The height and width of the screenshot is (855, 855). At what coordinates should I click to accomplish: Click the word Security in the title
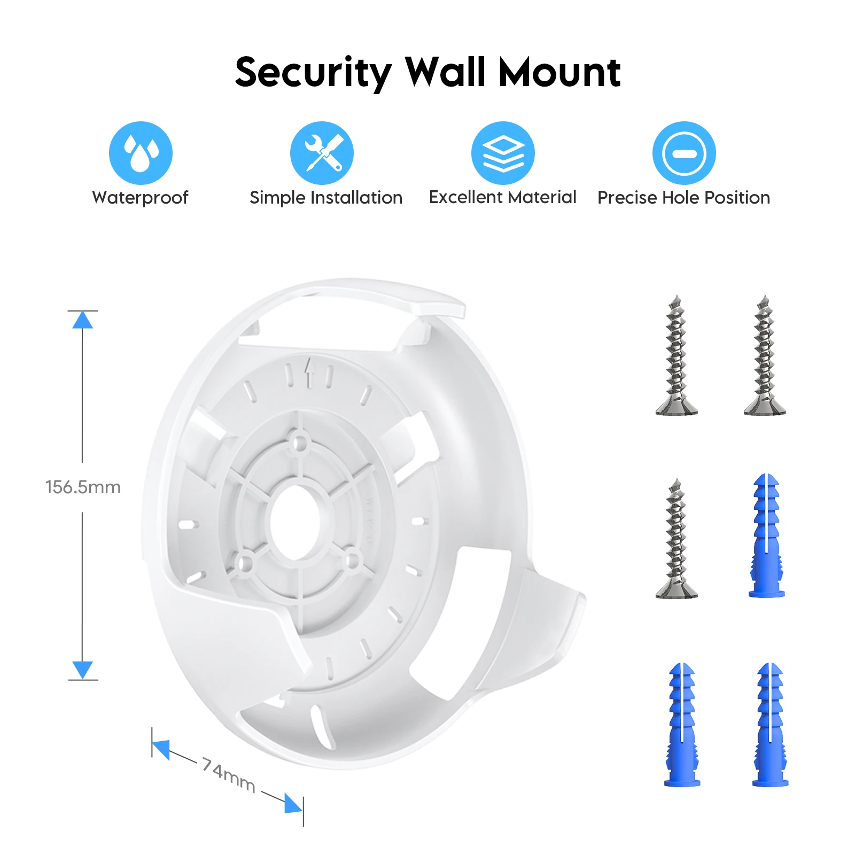coord(313,73)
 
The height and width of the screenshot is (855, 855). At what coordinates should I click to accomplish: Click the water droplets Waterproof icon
coord(141,153)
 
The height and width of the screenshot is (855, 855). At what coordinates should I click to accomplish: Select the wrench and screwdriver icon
coord(322,153)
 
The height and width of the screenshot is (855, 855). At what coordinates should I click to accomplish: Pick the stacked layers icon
coord(503,153)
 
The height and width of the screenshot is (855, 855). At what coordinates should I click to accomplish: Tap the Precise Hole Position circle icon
coord(684,153)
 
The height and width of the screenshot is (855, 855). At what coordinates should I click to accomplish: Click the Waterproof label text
coord(140,198)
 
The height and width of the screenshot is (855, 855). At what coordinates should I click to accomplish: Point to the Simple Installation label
coord(326,198)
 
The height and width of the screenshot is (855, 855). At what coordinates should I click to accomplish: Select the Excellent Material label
coord(502,197)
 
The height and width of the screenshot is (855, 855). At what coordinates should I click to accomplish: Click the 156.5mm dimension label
coord(83,487)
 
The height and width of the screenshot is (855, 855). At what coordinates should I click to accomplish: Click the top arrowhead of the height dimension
coord(82,320)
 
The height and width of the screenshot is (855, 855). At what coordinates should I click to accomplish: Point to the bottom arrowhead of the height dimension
coord(82,670)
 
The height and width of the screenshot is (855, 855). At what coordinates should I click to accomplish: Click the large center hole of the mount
coord(295,521)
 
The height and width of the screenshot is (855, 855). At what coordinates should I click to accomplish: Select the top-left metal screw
coord(677,355)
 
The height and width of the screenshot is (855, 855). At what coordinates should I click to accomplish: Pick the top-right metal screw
coord(765,355)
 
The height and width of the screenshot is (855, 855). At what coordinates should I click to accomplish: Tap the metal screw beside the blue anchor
coord(677,539)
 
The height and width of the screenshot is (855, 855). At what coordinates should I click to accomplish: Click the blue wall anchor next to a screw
coord(767,535)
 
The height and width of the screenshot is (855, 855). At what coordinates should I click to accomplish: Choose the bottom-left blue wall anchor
coord(682,725)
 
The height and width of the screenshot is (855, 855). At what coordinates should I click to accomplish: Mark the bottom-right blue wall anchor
coord(770,725)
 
